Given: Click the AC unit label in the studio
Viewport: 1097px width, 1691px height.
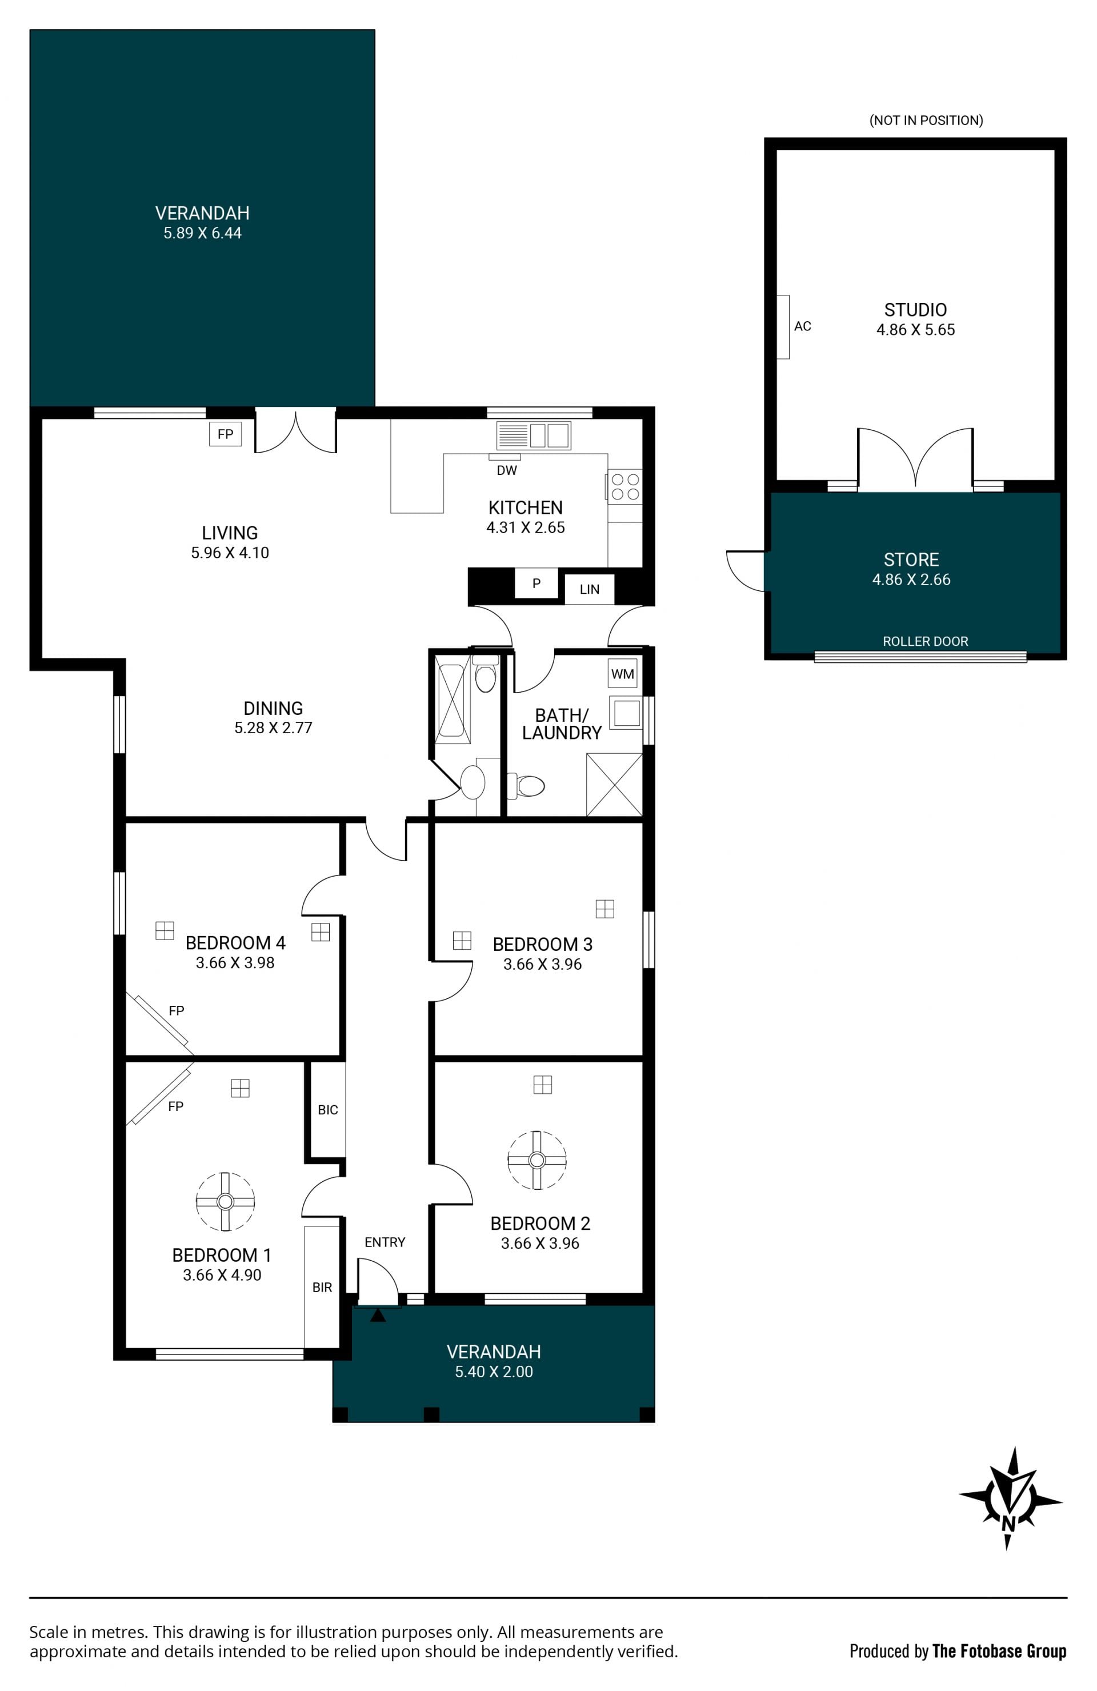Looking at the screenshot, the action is tap(802, 326).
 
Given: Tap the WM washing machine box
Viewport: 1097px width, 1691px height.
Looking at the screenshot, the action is tap(622, 674).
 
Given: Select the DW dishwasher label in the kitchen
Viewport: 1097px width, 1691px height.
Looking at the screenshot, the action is tap(507, 470).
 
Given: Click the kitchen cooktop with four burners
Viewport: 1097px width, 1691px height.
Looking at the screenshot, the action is tap(624, 487).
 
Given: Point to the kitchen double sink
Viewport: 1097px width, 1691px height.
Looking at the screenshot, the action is tap(533, 435).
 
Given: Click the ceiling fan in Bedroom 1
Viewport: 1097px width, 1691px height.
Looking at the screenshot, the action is tap(225, 1201).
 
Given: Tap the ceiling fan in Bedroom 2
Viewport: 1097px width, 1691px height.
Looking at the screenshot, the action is tap(537, 1160).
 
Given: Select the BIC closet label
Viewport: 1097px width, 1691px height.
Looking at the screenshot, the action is tap(327, 1109).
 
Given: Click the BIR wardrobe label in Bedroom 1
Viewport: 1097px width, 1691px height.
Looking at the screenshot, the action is tap(322, 1287).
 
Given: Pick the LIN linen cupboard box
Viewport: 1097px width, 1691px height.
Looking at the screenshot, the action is tap(589, 589).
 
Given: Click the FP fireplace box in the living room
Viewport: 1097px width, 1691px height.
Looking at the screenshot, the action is tap(225, 434).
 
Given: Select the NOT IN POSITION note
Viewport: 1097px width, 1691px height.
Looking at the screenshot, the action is tap(926, 120).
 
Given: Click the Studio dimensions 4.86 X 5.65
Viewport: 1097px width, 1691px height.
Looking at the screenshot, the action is tap(915, 330).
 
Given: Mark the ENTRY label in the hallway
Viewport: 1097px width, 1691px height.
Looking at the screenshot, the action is tap(385, 1242).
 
